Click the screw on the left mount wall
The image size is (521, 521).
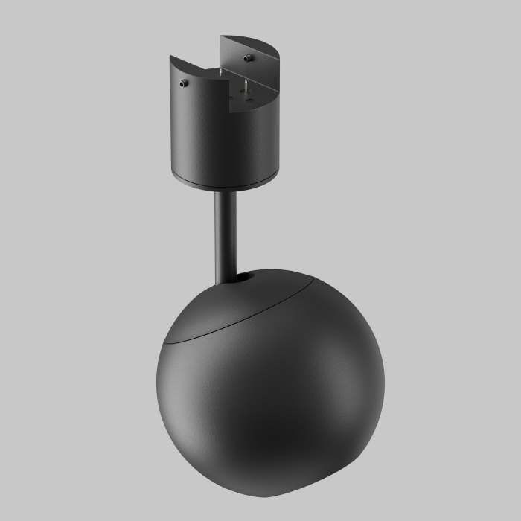point(183,84)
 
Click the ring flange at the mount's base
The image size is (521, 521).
point(223,182)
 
